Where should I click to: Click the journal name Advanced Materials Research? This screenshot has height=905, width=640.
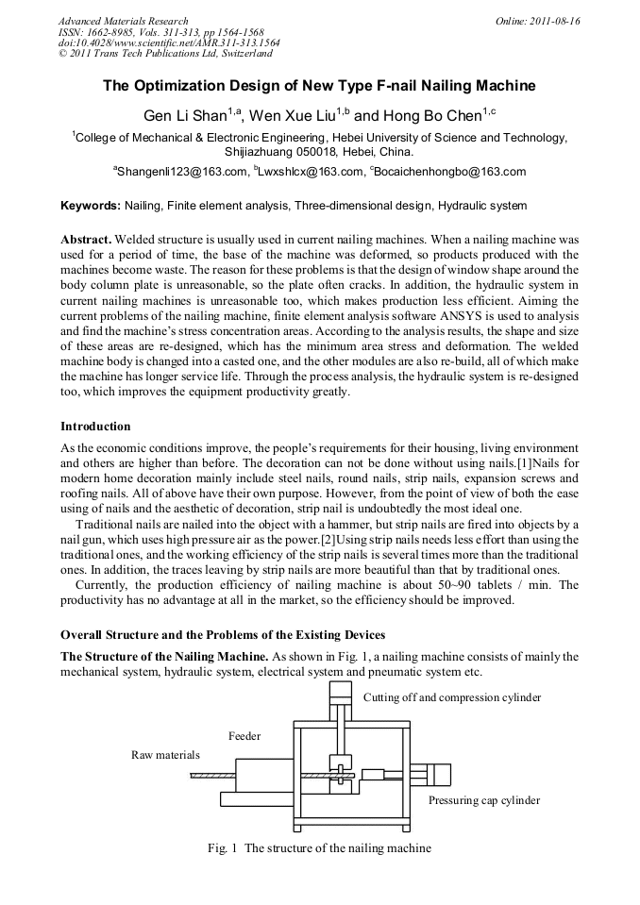click(123, 21)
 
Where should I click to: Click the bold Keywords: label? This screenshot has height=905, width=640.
click(91, 205)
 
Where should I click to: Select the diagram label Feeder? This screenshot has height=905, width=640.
click(244, 735)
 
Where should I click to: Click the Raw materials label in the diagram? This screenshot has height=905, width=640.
click(165, 755)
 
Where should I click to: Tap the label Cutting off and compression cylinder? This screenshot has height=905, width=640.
click(452, 697)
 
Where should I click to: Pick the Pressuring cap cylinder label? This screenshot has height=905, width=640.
click(484, 800)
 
